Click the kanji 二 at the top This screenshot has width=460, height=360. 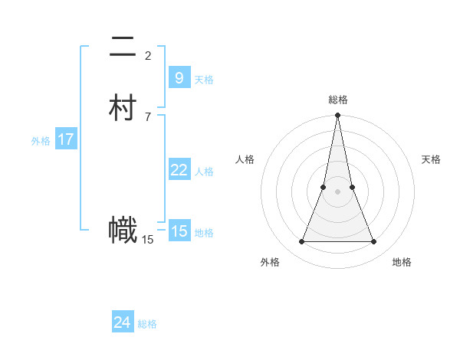(x=123, y=49)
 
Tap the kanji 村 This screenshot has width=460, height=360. (x=123, y=108)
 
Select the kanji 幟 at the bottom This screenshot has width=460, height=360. (x=123, y=231)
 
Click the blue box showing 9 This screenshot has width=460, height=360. (x=179, y=78)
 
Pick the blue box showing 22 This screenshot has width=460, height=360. (x=179, y=170)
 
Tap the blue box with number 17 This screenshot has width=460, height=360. (x=66, y=139)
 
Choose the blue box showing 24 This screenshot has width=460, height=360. (x=122, y=322)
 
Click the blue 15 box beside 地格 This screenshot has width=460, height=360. (x=179, y=231)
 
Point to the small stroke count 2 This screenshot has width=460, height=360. (x=148, y=55)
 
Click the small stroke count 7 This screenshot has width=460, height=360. (x=148, y=116)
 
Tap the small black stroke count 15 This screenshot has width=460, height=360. (x=148, y=240)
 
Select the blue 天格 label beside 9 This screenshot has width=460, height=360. (x=204, y=80)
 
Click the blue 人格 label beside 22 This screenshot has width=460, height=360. (x=204, y=172)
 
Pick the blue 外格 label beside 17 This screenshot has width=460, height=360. (x=41, y=141)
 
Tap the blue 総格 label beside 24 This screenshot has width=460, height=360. (x=147, y=324)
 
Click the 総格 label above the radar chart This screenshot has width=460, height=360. (x=337, y=100)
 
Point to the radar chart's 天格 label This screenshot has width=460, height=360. (x=431, y=159)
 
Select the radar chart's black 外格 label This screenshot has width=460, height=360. (x=270, y=262)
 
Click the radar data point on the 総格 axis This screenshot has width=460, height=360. (x=337, y=116)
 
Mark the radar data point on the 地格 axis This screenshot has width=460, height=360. (x=374, y=242)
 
